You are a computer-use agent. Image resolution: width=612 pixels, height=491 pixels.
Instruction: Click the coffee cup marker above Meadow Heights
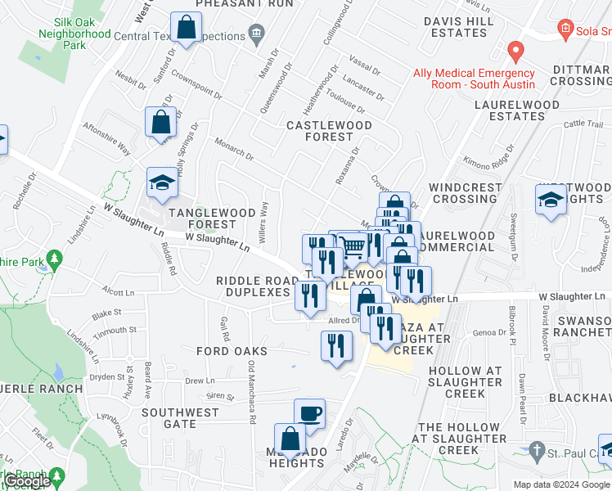click(309, 414)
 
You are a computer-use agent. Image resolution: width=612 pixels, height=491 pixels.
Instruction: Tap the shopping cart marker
click(352, 247)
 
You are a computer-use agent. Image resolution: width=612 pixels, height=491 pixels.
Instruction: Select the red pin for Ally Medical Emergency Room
click(515, 52)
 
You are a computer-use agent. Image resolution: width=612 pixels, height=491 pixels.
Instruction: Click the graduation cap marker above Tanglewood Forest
click(162, 183)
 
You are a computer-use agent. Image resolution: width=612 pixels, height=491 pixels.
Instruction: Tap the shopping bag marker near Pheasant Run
click(187, 29)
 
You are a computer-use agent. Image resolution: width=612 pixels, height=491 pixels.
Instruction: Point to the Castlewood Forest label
click(329, 131)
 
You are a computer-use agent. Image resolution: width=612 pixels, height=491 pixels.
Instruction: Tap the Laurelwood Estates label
click(518, 110)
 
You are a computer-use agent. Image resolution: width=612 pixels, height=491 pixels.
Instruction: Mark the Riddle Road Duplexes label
click(258, 286)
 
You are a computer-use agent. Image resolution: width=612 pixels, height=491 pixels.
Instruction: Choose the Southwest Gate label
click(180, 418)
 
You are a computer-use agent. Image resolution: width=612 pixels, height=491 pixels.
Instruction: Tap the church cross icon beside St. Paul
click(536, 450)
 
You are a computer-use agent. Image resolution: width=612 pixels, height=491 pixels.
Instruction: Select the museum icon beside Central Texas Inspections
click(257, 34)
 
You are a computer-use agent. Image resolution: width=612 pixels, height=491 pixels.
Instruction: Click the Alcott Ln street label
click(119, 291)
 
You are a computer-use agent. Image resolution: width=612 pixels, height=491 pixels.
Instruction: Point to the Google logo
click(26, 481)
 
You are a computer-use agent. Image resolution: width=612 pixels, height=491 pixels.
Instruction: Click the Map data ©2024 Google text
click(561, 484)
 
